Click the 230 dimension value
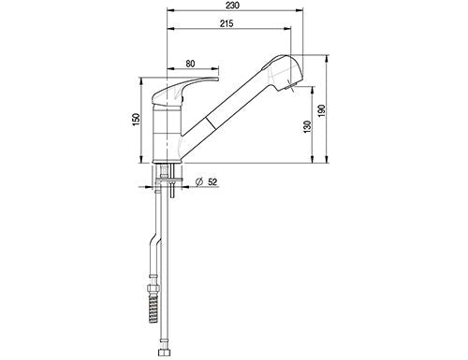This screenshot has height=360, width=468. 232,6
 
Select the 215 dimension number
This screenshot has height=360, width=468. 227,23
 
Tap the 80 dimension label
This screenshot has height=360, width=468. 190,64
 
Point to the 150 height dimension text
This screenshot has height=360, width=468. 137,120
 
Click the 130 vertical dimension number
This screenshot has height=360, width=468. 307,126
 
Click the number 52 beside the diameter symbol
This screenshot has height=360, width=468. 212,182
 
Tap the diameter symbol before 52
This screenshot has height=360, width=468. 199,182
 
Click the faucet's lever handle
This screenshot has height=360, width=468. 184,90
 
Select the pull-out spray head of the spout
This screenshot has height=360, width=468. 283,72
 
